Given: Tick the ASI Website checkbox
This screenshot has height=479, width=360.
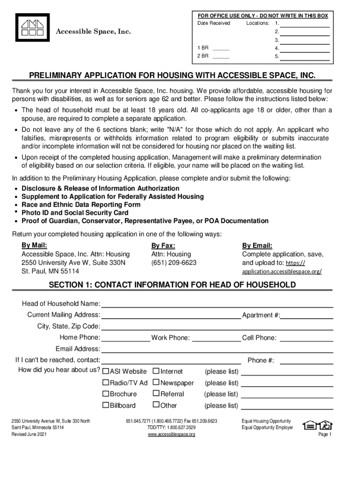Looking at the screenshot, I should (x=106, y=371).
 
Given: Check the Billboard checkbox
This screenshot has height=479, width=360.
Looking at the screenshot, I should (x=106, y=405).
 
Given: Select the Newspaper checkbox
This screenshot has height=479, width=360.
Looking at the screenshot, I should (x=156, y=383).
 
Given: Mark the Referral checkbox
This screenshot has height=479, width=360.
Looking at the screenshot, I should (x=156, y=394).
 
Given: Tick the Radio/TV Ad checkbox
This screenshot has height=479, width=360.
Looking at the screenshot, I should (x=106, y=383).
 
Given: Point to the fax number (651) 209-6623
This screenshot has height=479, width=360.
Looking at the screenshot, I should (x=173, y=263).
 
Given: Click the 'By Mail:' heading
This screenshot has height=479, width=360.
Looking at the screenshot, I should (x=34, y=246).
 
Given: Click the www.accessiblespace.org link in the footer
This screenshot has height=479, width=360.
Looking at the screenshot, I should (x=172, y=435).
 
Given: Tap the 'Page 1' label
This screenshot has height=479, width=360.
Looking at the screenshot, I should (x=324, y=435).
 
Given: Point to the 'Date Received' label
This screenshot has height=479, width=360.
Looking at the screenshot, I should (x=214, y=23).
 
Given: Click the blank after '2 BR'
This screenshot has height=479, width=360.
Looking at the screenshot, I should (x=221, y=57).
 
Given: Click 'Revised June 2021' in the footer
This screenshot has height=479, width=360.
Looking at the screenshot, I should (x=29, y=435).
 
